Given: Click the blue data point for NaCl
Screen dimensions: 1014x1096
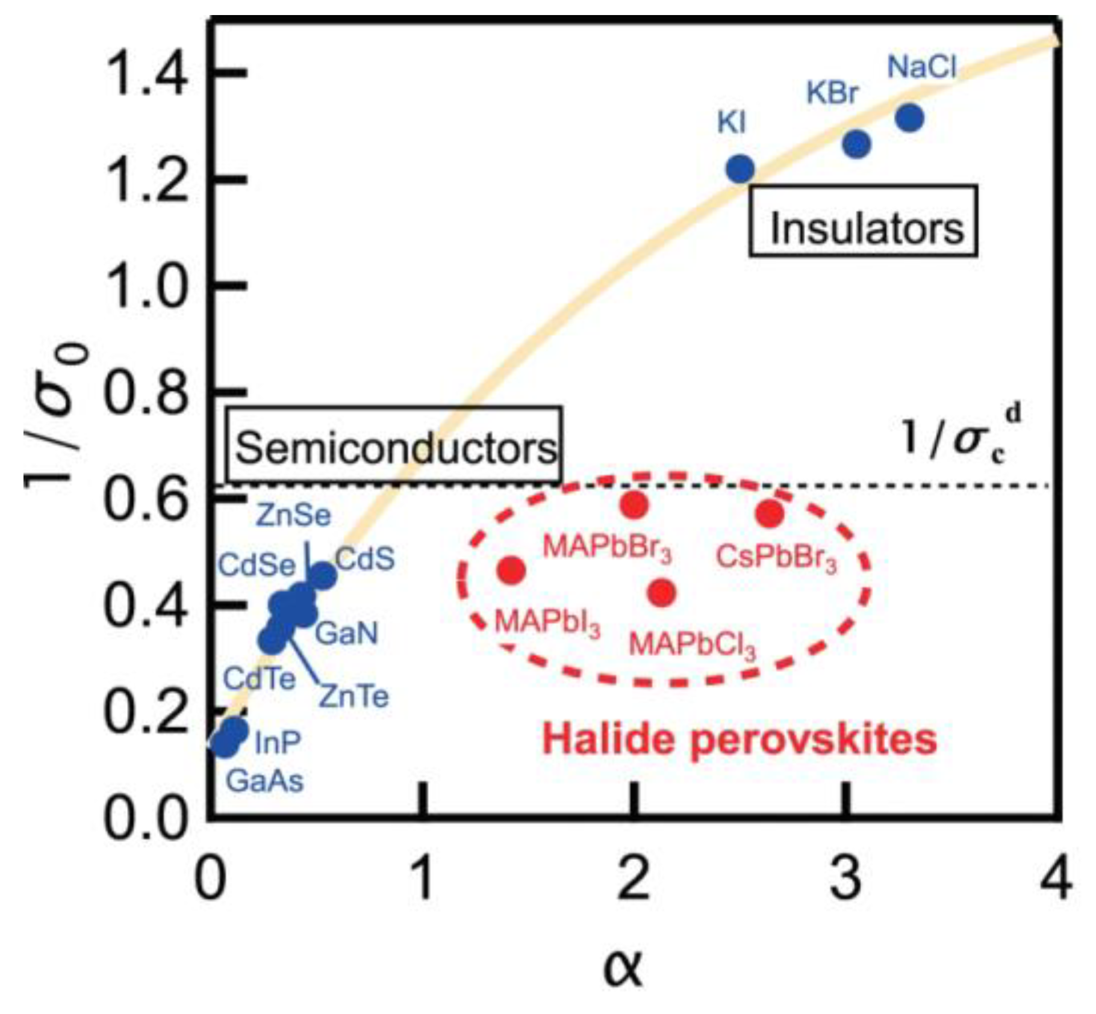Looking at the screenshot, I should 909,117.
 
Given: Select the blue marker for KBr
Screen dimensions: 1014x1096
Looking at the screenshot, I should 856,144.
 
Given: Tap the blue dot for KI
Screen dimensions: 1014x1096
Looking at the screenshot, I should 740,168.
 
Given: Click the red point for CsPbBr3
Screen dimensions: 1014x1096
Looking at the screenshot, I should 770,513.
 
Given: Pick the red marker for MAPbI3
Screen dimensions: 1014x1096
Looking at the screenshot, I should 512,570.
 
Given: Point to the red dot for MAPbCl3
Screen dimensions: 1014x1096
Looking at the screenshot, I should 662,593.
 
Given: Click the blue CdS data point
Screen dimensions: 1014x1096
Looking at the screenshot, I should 323,575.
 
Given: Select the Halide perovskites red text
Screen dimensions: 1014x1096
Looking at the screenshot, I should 739,739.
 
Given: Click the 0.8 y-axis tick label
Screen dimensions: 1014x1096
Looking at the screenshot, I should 145,392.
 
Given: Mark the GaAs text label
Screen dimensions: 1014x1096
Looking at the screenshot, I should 265,781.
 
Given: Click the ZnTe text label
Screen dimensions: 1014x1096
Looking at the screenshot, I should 353,696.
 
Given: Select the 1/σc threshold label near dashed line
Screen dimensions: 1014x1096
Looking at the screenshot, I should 961,436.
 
